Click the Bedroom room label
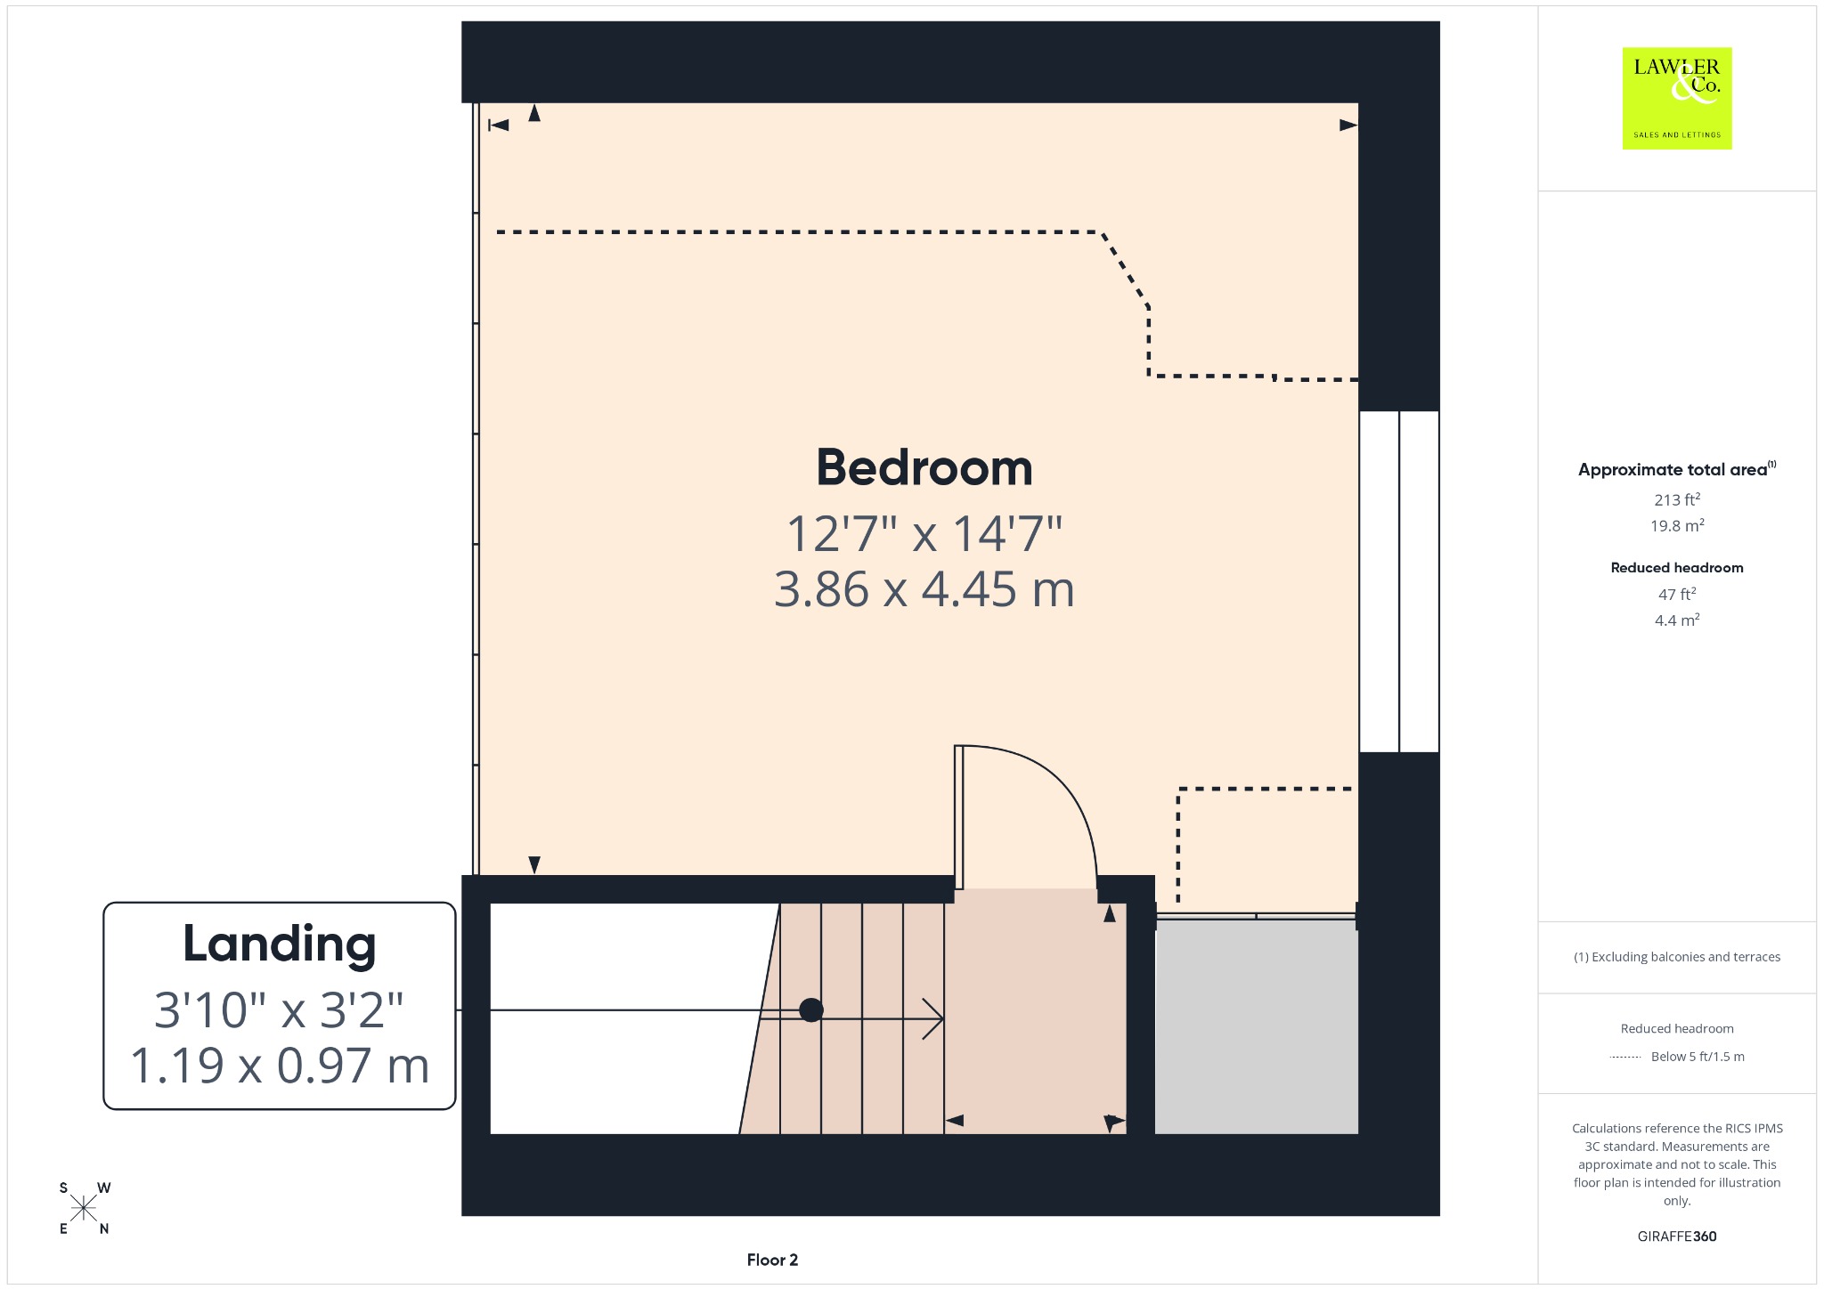click(x=924, y=467)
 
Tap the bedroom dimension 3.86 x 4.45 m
click(x=924, y=589)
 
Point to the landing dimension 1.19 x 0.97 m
click(x=280, y=1066)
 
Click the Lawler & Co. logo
click(x=1677, y=98)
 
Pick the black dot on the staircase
click(x=811, y=1010)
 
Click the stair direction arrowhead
click(x=932, y=1019)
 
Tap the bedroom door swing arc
click(x=1060, y=783)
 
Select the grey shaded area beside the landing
click(x=1257, y=1027)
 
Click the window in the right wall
click(x=1399, y=581)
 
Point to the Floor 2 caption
click(x=772, y=1260)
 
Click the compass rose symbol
click(x=84, y=1208)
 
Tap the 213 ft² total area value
click(x=1677, y=499)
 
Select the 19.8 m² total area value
click(x=1677, y=525)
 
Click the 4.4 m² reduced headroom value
click(x=1677, y=620)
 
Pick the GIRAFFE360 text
click(x=1677, y=1236)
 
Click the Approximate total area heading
click(x=1677, y=469)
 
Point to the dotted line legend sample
click(x=1625, y=1057)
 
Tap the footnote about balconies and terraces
click(x=1677, y=957)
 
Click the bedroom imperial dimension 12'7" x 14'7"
click(x=924, y=534)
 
